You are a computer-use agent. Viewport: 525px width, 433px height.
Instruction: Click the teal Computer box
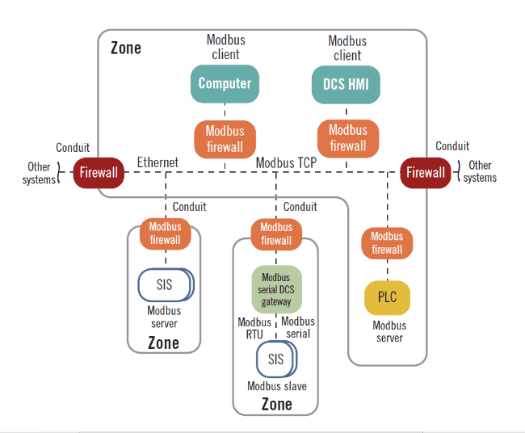pos(225,83)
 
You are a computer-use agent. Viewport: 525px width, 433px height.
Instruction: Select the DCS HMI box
pos(346,83)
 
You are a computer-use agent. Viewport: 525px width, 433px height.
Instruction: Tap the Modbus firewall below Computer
pos(225,139)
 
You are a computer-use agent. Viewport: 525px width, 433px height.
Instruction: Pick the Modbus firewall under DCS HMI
pos(347,138)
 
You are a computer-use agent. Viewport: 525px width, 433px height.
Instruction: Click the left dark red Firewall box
pos(99,172)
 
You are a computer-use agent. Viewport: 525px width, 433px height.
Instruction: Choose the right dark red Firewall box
pos(426,172)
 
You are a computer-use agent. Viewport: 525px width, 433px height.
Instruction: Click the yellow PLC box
pos(387,297)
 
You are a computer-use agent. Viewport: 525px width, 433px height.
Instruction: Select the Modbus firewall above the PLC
pos(387,243)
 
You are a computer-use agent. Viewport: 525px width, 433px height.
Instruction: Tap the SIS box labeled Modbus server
pos(165,285)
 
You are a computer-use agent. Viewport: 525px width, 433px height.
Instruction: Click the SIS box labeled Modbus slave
pos(276,359)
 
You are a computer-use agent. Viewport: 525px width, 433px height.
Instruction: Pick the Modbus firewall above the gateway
pos(276,233)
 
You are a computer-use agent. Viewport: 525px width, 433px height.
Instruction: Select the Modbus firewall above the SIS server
pos(165,233)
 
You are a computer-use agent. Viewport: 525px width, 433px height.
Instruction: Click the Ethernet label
pos(157,162)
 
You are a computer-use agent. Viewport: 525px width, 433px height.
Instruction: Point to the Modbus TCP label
pos(286,162)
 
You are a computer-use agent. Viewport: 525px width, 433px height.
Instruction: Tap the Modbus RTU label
pos(254,328)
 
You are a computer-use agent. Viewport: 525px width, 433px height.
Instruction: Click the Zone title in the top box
pos(126,48)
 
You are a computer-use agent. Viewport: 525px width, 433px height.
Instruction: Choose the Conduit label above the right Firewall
pos(452,146)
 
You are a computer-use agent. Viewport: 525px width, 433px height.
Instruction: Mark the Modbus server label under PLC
pos(389,331)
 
